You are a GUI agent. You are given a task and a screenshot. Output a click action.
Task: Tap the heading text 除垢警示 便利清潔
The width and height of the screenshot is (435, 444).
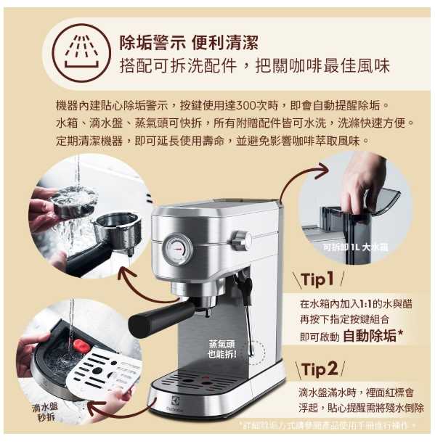point(188,42)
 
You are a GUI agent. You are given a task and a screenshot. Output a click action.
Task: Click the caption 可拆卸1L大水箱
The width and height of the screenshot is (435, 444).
point(355,247)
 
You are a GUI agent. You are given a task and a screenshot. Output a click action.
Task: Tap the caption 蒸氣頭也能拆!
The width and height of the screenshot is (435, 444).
point(222,349)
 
